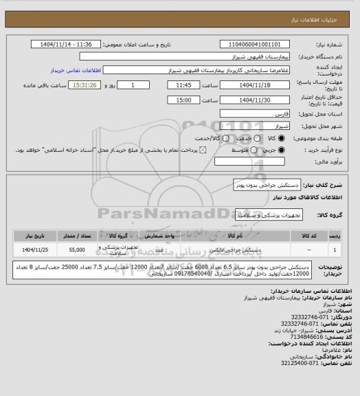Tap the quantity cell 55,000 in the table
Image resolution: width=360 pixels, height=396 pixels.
pos(78,250)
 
